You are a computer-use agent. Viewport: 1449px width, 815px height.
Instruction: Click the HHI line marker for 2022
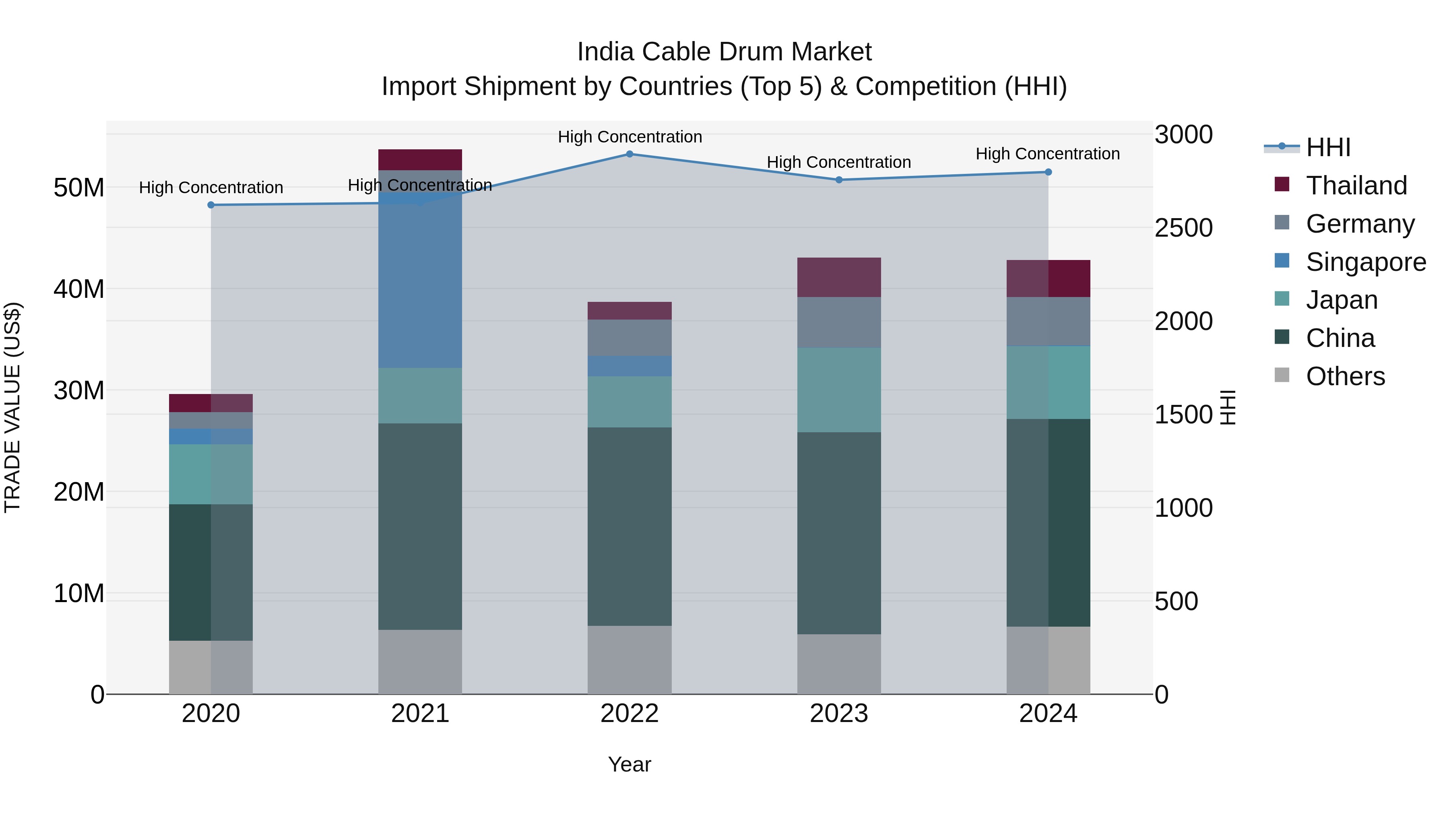[x=630, y=154]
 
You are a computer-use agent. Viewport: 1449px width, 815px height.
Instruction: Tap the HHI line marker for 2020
[x=211, y=205]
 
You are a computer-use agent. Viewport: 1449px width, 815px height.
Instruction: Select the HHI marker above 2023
[x=839, y=180]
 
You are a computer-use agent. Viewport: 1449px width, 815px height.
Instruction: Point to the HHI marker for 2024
[x=1048, y=172]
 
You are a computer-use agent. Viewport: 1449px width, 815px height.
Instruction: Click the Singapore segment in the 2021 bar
[x=420, y=281]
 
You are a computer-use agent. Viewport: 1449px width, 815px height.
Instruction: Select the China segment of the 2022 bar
[x=630, y=526]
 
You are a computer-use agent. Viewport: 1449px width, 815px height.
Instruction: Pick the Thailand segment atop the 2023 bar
[x=839, y=277]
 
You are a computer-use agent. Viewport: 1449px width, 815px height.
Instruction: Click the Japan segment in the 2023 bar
[x=839, y=390]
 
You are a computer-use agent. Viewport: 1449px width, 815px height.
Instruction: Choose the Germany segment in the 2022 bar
[x=630, y=338]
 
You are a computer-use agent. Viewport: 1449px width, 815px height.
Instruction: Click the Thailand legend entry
[x=1356, y=186]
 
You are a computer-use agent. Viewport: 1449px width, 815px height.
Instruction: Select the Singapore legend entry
[x=1365, y=262]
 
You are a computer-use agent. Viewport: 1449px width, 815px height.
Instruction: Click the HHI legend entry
[x=1327, y=147]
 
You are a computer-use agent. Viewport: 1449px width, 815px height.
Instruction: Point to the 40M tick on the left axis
[x=79, y=289]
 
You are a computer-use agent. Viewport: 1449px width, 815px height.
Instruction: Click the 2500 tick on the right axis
[x=1183, y=228]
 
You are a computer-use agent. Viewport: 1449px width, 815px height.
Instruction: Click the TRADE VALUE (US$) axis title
[x=12, y=407]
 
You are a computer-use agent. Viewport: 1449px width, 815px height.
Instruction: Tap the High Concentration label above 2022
[x=630, y=137]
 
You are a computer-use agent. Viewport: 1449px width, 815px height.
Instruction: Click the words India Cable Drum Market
[x=724, y=52]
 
